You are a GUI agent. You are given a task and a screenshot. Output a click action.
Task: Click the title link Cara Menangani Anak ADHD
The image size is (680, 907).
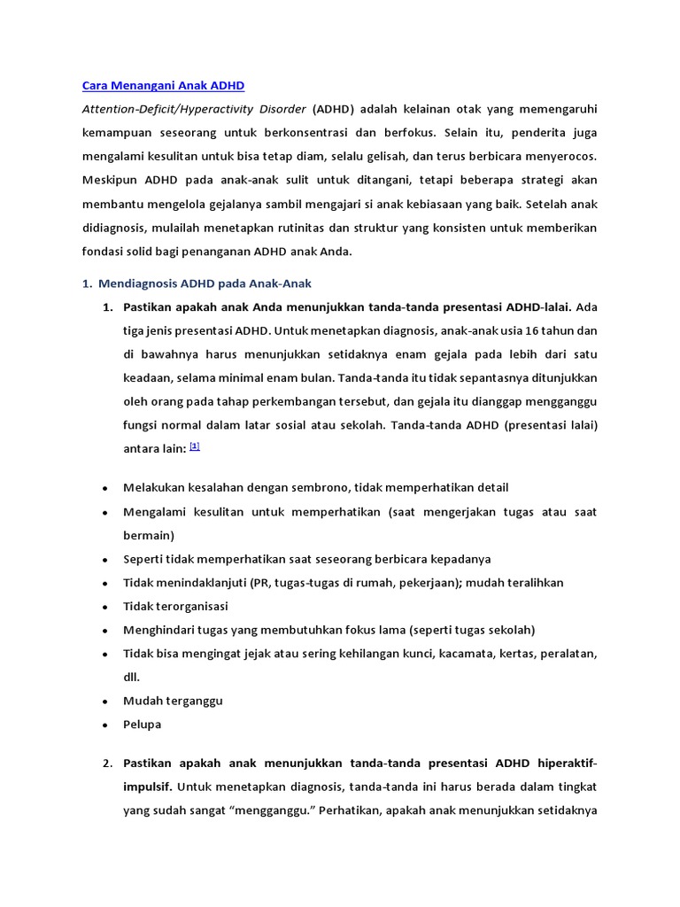click(163, 86)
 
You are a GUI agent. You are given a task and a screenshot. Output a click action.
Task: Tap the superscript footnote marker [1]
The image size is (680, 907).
click(195, 446)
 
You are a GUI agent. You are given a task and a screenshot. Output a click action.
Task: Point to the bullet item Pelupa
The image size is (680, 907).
click(142, 724)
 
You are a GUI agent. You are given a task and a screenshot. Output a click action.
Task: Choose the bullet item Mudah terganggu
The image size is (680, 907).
click(173, 700)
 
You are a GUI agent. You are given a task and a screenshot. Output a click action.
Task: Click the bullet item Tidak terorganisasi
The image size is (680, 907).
click(175, 606)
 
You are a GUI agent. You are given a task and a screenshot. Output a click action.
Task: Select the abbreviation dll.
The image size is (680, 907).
click(132, 676)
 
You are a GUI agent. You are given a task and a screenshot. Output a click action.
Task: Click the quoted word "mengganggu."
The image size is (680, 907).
click(291, 810)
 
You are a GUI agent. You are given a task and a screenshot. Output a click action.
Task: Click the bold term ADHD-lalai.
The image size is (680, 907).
click(538, 307)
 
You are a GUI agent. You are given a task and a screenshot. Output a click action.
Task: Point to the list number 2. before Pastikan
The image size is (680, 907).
click(106, 763)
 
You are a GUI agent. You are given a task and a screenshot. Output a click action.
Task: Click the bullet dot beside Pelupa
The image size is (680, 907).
click(105, 725)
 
